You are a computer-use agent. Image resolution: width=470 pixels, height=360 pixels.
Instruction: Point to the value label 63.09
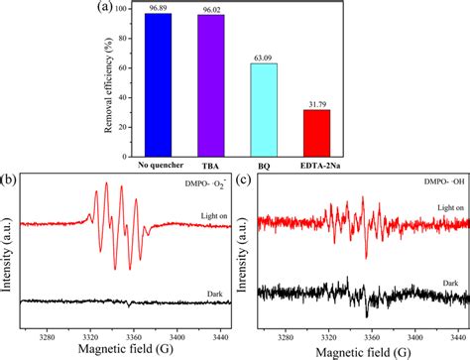tap(264, 58)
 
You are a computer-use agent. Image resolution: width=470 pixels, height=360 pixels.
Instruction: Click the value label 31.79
tap(316, 103)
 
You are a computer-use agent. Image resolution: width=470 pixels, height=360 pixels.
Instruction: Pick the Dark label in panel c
tap(449, 283)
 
